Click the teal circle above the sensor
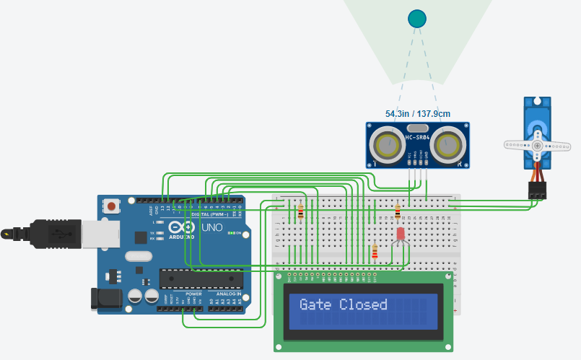click(417, 19)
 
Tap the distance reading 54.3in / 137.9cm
click(417, 114)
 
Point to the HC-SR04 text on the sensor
click(419, 137)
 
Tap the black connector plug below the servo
click(537, 190)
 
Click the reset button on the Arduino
click(112, 207)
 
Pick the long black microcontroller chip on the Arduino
click(201, 278)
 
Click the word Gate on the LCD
click(315, 304)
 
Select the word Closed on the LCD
click(363, 304)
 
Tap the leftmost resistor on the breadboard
click(300, 211)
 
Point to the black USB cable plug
click(29, 234)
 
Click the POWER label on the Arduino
click(193, 294)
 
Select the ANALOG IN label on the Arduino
click(229, 294)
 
